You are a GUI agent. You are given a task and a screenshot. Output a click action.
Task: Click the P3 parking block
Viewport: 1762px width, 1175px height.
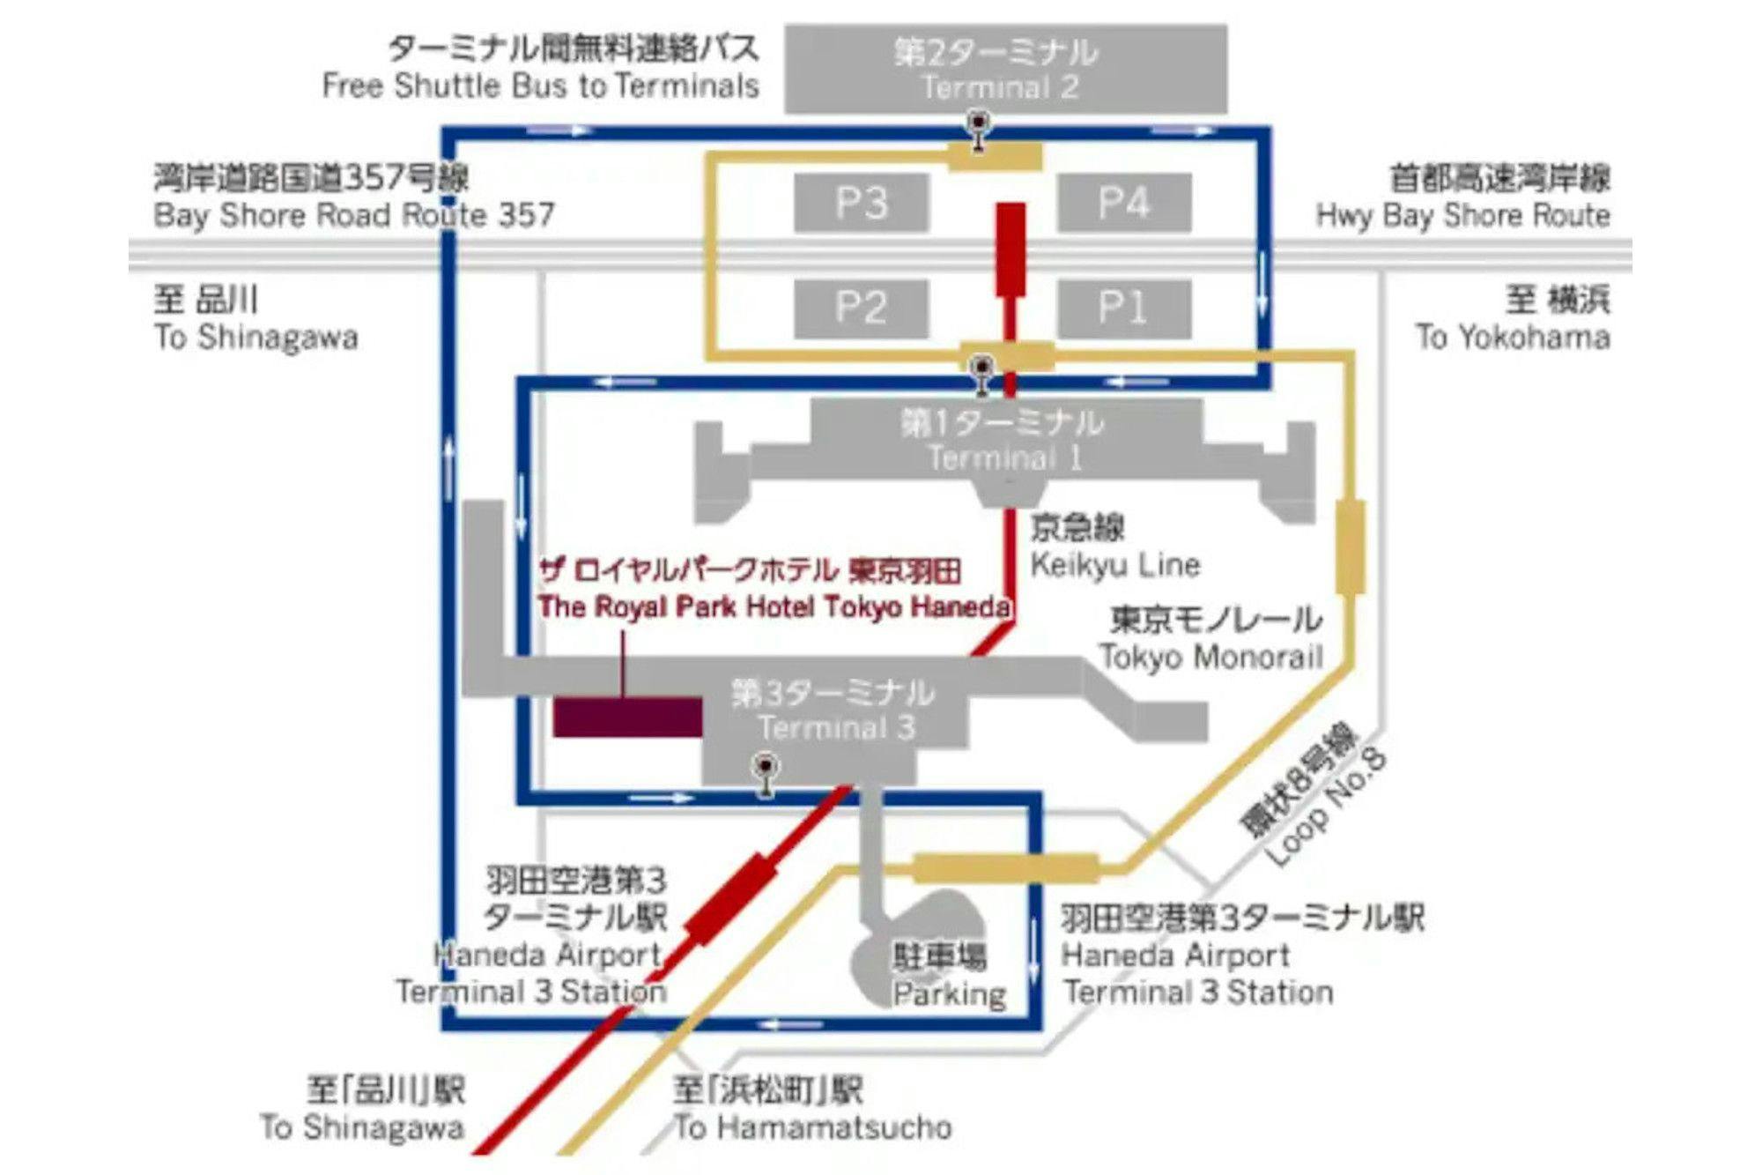tap(861, 203)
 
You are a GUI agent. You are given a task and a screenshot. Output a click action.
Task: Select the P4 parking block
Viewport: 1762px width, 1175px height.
tap(1123, 203)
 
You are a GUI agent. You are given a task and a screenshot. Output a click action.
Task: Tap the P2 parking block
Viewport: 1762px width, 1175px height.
tap(861, 309)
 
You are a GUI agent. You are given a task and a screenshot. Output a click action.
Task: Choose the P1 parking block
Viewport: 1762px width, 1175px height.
tap(1123, 309)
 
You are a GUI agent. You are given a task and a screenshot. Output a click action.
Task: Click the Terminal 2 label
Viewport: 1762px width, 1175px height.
tap(999, 87)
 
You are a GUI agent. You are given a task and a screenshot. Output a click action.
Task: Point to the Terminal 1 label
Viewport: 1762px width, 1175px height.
tap(1003, 457)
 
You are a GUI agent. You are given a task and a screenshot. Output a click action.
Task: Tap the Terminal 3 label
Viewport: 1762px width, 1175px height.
tap(836, 727)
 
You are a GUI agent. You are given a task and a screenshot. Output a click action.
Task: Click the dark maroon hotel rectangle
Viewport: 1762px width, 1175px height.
tap(627, 717)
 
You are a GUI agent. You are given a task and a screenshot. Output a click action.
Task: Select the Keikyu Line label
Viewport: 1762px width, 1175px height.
tap(1114, 564)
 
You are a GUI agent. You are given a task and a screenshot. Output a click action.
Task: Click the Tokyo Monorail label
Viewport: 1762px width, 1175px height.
tap(1211, 657)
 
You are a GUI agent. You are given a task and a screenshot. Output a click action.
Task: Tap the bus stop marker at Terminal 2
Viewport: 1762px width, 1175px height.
tap(978, 129)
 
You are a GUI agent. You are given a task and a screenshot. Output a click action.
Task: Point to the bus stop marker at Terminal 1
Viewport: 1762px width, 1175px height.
tap(981, 374)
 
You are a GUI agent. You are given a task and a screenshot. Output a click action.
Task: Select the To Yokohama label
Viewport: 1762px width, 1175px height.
tap(1513, 337)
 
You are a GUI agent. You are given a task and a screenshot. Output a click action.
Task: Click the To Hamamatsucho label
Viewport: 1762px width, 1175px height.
tap(812, 1127)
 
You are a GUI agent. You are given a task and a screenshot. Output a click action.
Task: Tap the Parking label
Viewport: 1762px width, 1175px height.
tap(949, 993)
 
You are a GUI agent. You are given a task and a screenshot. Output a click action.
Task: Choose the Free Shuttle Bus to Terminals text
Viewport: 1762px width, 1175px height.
tap(540, 86)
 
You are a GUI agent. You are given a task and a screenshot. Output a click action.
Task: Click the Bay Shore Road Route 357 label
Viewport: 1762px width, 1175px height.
tap(354, 215)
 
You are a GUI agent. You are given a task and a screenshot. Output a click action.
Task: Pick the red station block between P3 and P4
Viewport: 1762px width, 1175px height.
tap(1011, 249)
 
